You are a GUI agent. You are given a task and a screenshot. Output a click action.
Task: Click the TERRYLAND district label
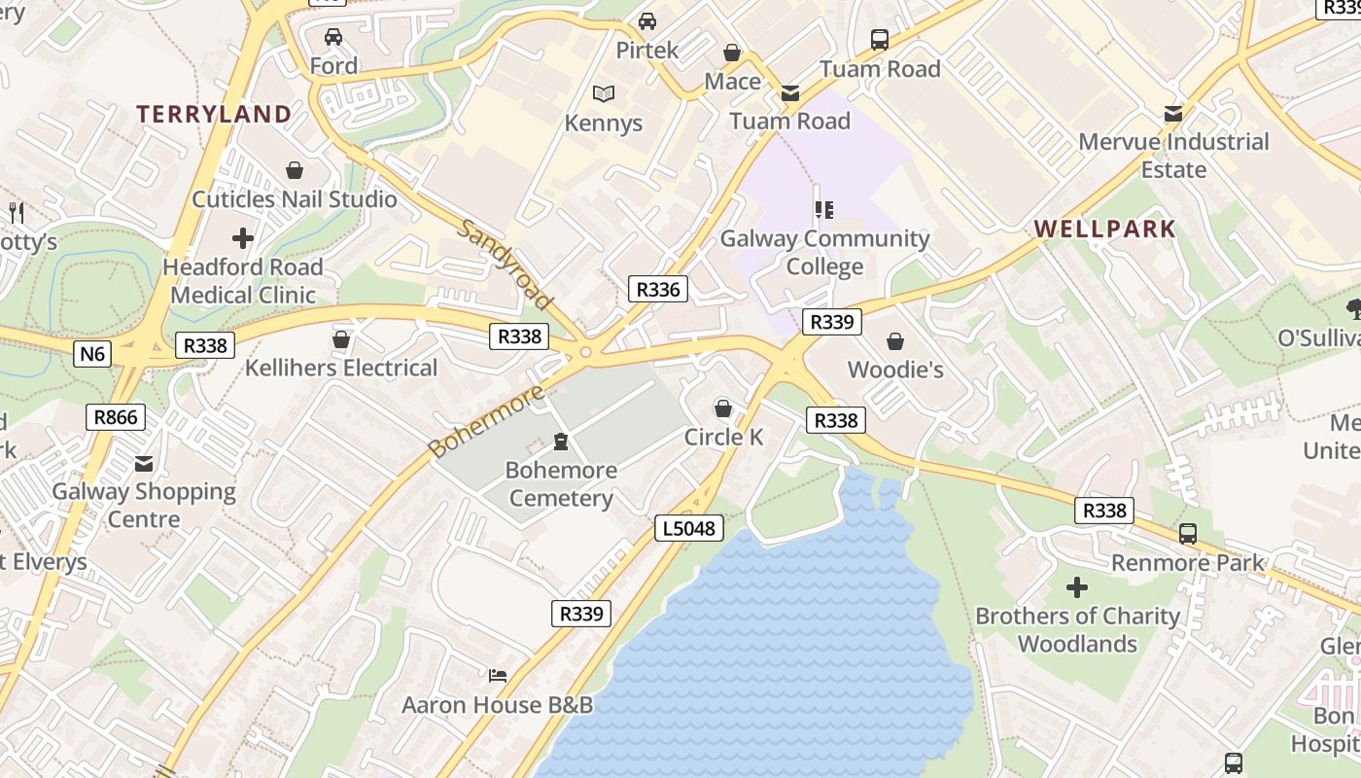point(214,114)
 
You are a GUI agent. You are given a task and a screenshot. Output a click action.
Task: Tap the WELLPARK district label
point(1104,230)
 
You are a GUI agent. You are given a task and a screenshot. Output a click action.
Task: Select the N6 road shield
point(91,353)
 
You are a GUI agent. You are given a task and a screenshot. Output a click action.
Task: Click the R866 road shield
point(117,417)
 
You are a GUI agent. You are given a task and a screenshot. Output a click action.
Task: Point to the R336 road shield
point(658,288)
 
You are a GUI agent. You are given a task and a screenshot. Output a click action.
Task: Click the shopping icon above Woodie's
point(895,341)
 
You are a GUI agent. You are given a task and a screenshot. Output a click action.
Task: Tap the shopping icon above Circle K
point(723,408)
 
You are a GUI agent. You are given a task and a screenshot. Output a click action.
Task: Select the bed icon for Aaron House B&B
point(498,675)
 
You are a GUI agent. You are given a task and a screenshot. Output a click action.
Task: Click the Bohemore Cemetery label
point(561,484)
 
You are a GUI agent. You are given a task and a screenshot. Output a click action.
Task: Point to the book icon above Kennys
point(604,94)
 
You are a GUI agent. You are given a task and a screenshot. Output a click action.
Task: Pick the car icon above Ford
point(333,37)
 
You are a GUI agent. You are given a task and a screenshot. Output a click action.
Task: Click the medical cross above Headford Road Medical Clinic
point(243,237)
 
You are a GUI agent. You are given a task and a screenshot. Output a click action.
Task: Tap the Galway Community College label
point(824,252)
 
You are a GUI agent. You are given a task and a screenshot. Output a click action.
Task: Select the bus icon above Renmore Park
point(1188,533)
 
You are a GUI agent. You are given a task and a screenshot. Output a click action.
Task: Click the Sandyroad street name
point(505,264)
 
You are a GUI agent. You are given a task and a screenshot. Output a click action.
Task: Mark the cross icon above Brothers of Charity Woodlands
point(1077,587)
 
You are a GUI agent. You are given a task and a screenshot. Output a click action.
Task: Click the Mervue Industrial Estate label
point(1173,155)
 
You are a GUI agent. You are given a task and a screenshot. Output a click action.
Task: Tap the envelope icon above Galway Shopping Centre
point(144,464)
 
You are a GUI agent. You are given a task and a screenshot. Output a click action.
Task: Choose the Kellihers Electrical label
point(341,368)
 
